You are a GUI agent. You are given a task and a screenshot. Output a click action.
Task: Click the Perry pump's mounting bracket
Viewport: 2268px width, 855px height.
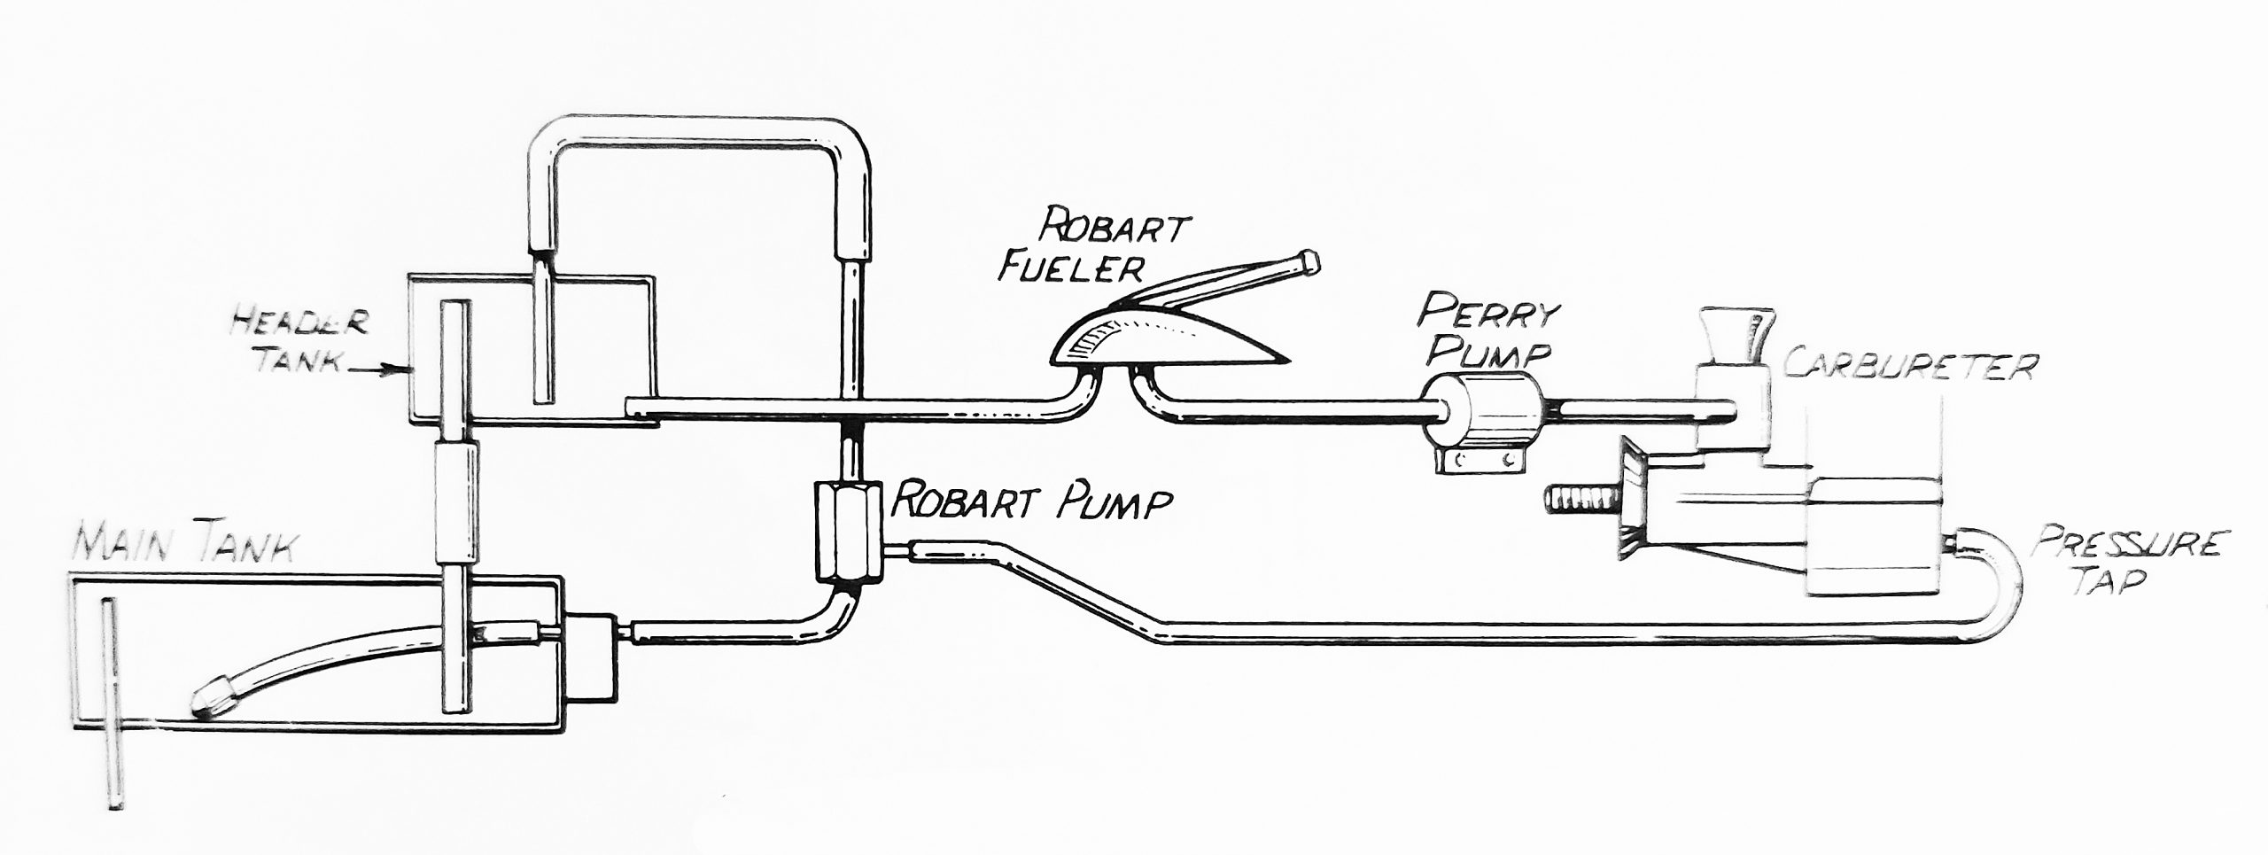click(1477, 460)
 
